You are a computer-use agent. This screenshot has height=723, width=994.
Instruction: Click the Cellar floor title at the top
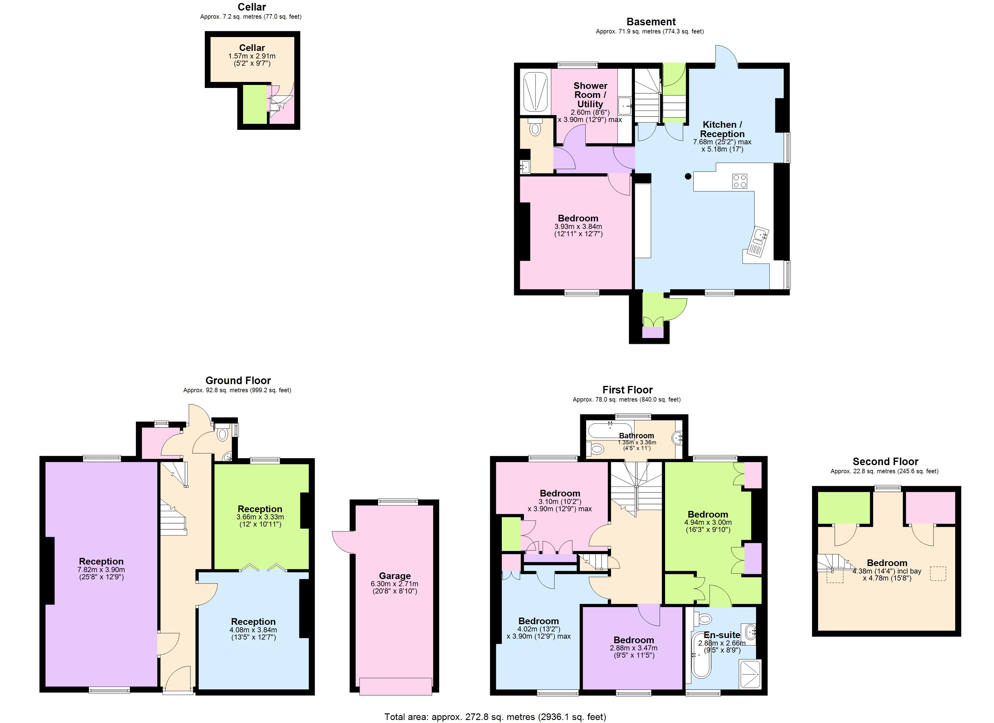click(x=252, y=7)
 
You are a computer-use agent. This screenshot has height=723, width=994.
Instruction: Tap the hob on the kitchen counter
click(x=740, y=181)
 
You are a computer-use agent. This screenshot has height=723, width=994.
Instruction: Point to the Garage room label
click(x=395, y=576)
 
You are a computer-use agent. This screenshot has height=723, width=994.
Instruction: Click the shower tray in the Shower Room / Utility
click(x=536, y=92)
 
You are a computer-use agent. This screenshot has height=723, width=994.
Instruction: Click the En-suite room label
click(x=722, y=635)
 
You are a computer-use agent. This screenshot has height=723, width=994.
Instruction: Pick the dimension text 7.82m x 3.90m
click(x=101, y=570)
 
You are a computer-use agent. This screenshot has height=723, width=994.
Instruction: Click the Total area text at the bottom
click(x=495, y=717)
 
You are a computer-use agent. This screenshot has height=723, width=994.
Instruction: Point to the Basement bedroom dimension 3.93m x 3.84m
click(x=578, y=227)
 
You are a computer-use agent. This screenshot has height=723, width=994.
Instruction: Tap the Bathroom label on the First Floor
click(x=636, y=435)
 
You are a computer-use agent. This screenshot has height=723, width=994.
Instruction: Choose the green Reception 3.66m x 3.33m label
click(x=260, y=509)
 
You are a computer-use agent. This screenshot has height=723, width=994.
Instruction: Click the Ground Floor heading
click(x=238, y=380)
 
